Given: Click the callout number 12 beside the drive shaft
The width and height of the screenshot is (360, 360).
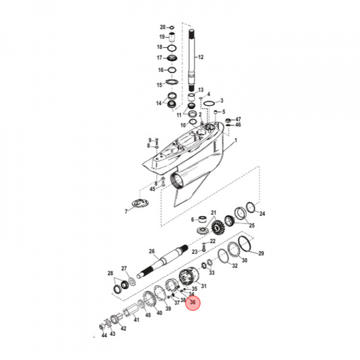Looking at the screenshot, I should point(201,57).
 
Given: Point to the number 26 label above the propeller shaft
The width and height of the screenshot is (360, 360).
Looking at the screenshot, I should point(152,251).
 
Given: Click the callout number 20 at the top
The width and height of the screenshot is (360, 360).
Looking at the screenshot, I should point(162,27).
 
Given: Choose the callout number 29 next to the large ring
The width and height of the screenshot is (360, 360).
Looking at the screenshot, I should point(260,254).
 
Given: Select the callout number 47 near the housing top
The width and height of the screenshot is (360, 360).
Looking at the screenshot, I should point(238,119).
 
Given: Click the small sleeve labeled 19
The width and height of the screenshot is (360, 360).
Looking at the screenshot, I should point(171,36).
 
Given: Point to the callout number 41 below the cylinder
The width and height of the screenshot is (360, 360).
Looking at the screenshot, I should point(136,319).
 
